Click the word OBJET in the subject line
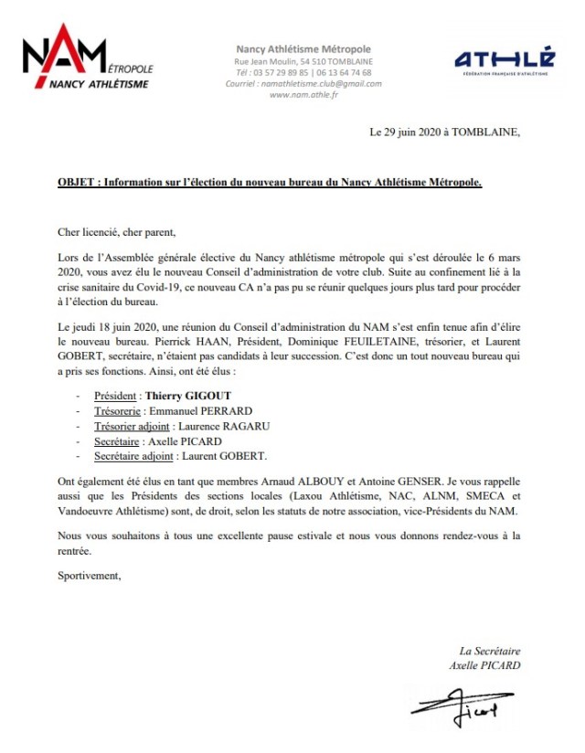click(76, 183)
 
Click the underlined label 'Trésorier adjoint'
click(135, 426)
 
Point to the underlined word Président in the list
click(116, 397)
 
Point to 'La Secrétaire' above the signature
click(490, 651)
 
